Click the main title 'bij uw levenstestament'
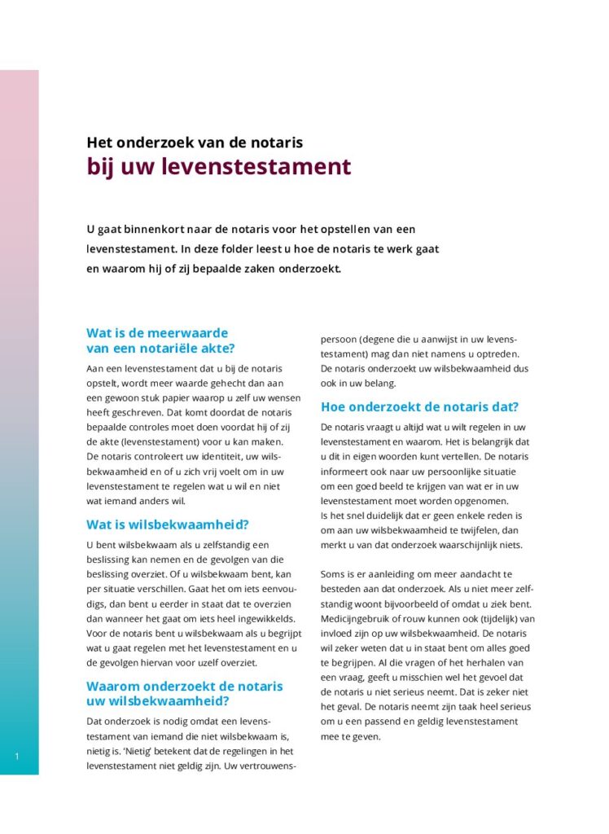[219, 167]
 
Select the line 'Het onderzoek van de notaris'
[195, 143]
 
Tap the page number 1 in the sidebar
[16, 757]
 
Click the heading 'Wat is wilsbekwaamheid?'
[168, 525]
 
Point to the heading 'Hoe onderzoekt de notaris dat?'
[419, 407]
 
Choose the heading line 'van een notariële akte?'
[160, 349]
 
